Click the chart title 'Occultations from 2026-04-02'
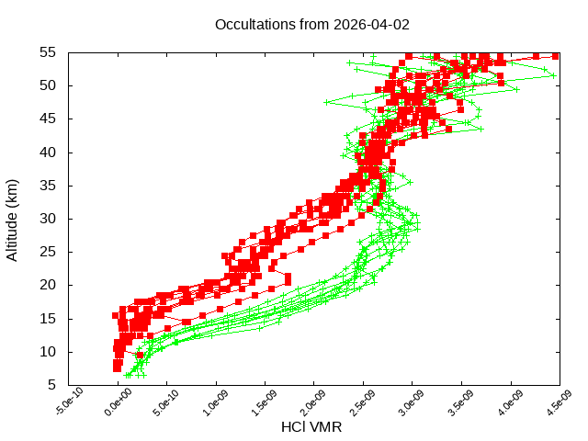[311, 24]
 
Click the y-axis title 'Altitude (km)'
[13, 219]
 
